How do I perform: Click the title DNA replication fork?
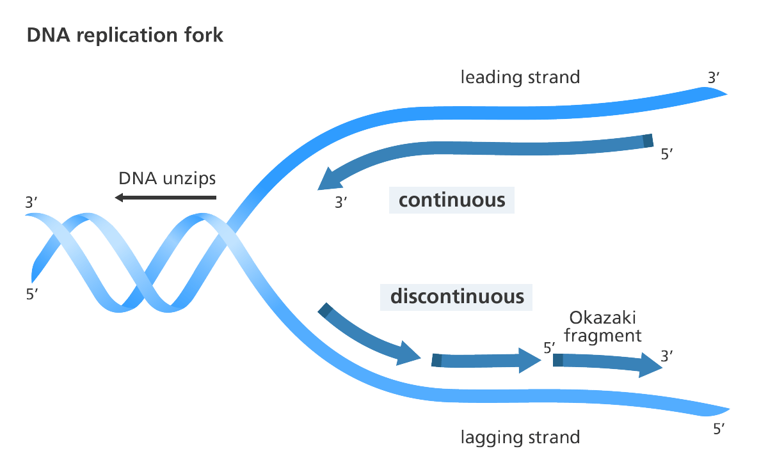(x=125, y=35)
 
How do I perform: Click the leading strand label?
(x=520, y=77)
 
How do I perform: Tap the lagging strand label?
(x=520, y=437)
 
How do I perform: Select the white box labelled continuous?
(x=452, y=200)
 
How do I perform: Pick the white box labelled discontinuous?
(x=456, y=297)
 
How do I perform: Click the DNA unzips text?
(x=168, y=178)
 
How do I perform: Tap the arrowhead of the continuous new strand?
(x=328, y=180)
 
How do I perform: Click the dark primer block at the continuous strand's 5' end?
(x=648, y=141)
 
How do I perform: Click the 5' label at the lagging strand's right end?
(x=719, y=429)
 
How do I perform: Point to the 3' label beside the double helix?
(x=31, y=203)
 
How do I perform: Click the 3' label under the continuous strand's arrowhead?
(x=340, y=203)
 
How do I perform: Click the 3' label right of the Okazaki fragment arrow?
(x=666, y=356)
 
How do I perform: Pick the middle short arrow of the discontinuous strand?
(x=486, y=361)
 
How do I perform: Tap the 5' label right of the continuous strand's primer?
(x=666, y=154)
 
